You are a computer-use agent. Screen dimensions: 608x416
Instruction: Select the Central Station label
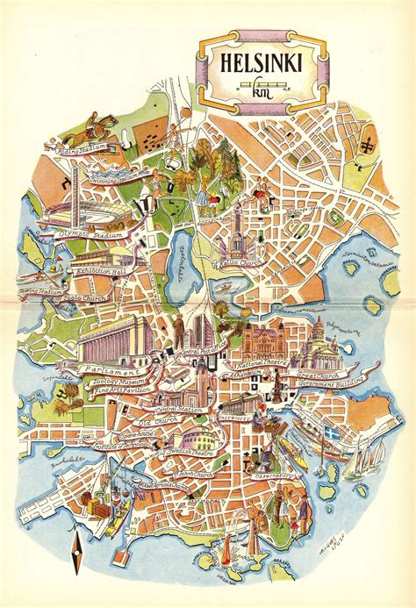[181, 410]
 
